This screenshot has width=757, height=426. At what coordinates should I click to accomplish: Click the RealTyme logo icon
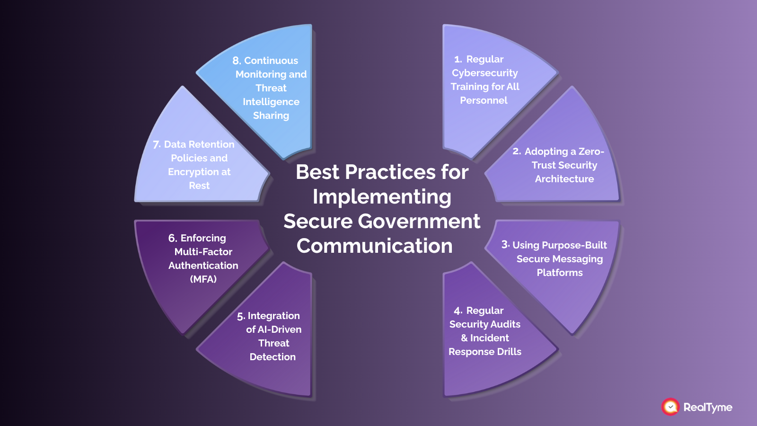tap(670, 407)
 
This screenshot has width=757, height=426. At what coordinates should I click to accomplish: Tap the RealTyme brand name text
tap(708, 407)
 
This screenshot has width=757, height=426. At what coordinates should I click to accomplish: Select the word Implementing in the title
tap(382, 196)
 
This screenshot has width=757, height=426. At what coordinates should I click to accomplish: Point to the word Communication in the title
tap(374, 246)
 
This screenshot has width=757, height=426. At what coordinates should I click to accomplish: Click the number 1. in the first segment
tap(458, 59)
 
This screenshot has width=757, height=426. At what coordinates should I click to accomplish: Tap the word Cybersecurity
tap(484, 73)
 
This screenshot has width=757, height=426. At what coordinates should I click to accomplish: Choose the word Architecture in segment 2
tap(564, 179)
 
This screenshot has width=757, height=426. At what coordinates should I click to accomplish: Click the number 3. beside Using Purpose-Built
tap(505, 245)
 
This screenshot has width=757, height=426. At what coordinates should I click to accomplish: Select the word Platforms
tap(559, 273)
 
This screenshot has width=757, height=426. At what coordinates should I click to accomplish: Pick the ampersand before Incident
tap(464, 338)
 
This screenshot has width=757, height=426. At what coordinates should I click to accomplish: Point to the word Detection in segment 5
tap(273, 357)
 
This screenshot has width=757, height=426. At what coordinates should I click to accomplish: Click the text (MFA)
tap(203, 279)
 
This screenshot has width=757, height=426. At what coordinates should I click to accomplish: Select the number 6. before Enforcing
tap(173, 238)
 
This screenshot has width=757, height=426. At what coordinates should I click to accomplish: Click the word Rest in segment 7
tap(199, 186)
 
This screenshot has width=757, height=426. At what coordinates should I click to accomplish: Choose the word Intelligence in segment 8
tap(271, 102)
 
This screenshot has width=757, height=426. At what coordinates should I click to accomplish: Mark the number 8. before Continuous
tap(237, 61)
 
